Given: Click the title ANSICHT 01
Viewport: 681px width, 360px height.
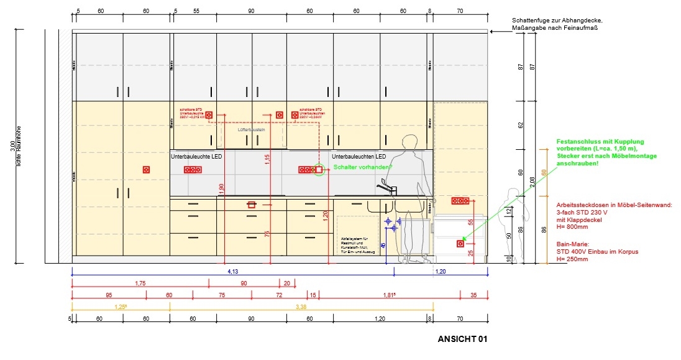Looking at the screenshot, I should (x=462, y=339).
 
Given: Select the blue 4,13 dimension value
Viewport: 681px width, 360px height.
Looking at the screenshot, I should (x=233, y=271).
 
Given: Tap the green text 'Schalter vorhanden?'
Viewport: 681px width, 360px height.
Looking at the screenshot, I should (x=363, y=167).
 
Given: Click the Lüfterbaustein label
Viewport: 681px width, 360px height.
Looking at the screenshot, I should (x=252, y=130).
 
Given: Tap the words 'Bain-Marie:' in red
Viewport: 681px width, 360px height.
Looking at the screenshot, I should (x=572, y=244).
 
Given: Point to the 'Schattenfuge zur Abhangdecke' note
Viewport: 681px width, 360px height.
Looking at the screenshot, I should (x=557, y=21).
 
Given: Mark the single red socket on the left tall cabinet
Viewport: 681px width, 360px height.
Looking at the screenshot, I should (x=147, y=169).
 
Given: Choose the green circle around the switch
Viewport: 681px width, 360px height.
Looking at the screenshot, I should (x=319, y=169).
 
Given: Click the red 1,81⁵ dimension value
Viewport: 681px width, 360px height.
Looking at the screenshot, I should (x=391, y=295).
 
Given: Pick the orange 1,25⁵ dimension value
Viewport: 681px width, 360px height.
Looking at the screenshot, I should (x=121, y=306).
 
